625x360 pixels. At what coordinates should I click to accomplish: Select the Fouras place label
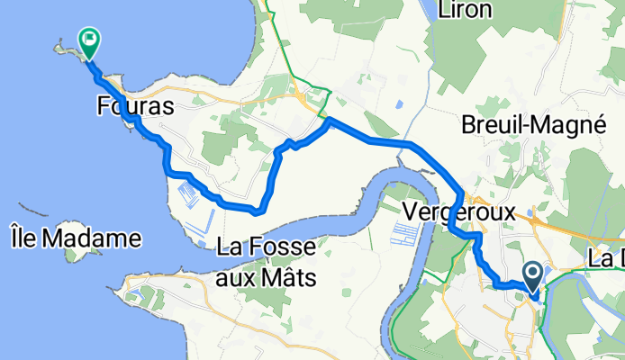coord(134,106)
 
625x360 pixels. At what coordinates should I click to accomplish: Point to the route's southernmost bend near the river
coord(258,211)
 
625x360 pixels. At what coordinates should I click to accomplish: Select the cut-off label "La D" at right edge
coord(606,258)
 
